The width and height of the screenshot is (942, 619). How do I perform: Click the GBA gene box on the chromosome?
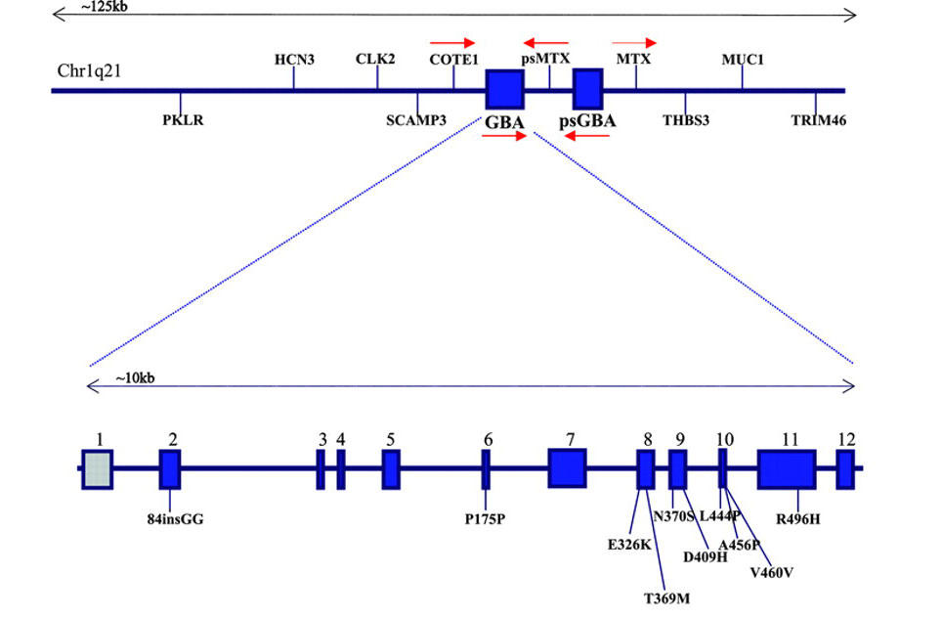click(504, 90)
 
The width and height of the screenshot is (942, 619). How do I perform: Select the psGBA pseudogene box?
click(587, 90)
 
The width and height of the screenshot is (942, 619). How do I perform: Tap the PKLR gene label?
click(183, 121)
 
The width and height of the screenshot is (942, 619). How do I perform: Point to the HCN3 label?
click(294, 59)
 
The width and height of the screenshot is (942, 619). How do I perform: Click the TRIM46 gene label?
click(818, 121)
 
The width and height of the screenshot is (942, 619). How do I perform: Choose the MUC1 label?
click(743, 59)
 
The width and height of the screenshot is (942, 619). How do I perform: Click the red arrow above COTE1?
click(452, 43)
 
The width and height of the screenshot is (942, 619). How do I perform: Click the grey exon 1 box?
click(97, 468)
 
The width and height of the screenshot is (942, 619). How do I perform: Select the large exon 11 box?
click(786, 468)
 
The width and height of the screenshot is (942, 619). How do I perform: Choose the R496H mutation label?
click(798, 518)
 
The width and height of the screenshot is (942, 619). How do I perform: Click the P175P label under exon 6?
click(485, 518)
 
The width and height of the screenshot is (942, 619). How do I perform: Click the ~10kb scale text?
click(135, 378)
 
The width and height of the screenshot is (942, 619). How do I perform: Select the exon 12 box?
click(845, 468)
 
